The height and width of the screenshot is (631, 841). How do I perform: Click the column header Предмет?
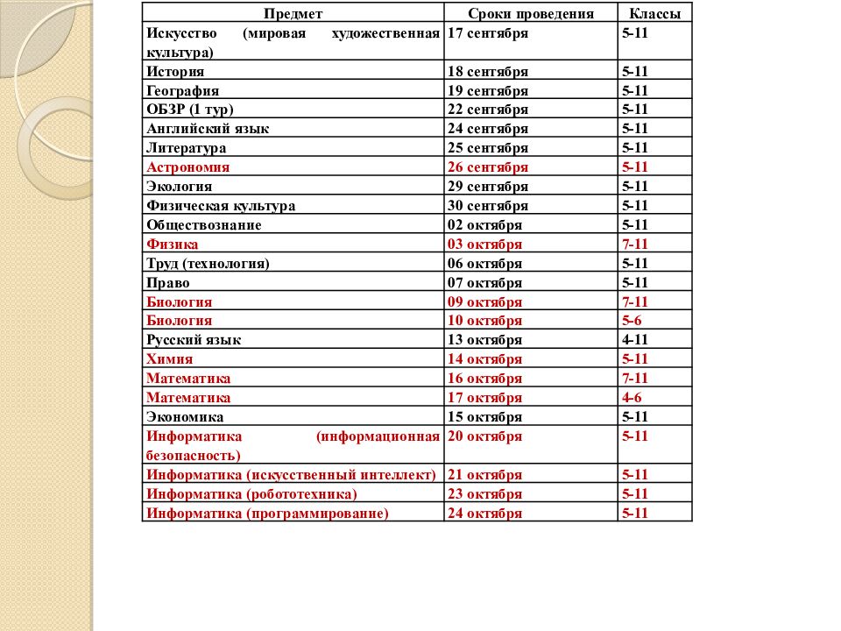coord(293,14)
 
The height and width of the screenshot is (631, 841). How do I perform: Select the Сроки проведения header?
coord(531,14)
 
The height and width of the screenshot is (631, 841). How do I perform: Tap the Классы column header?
coord(654,14)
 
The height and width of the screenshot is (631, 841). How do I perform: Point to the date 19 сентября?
coord(488,91)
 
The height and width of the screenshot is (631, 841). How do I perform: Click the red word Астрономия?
coord(188,167)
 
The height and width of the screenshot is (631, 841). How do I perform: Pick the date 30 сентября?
coord(488,206)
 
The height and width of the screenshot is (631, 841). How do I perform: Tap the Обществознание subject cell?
coord(204,225)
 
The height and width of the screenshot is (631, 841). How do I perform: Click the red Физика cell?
coord(173,245)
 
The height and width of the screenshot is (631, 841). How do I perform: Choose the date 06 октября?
coord(484,264)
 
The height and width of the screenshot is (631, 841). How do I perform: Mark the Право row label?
coord(168,283)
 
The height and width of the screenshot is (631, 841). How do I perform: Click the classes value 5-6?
coord(632,321)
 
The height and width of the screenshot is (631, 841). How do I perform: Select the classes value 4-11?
coord(635,340)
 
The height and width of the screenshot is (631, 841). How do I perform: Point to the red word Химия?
coord(170,359)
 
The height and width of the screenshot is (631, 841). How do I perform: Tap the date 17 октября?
coord(484,398)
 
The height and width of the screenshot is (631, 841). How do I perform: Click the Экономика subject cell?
coord(185,417)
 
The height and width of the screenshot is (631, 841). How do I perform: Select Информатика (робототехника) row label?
coord(252,494)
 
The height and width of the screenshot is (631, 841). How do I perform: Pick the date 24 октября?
coord(484,514)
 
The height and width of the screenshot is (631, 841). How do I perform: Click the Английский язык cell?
coord(208,129)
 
